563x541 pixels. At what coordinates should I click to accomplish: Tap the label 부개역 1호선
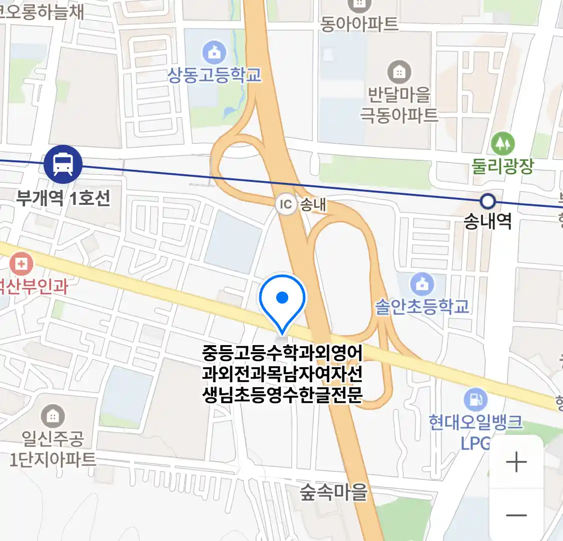tap(63, 198)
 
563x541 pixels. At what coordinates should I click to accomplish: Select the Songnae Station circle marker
tap(487, 201)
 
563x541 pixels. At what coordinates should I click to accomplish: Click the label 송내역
tap(487, 221)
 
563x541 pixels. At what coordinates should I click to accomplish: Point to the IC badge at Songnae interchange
tap(286, 204)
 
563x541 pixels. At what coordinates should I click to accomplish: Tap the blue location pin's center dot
tap(282, 298)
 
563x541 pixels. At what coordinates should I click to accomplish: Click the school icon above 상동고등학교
tap(214, 52)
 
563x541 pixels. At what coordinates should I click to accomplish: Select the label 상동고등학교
tap(214, 75)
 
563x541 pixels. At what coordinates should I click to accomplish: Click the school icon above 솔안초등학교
tap(422, 284)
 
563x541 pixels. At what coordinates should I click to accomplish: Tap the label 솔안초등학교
tap(422, 306)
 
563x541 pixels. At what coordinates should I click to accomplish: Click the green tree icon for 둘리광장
tap(502, 144)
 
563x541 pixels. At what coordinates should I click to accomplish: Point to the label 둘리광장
tap(502, 166)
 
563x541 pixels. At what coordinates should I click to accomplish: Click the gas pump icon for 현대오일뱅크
tap(475, 399)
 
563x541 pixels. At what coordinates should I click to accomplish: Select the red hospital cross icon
tap(21, 263)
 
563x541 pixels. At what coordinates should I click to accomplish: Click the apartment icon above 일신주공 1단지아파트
tap(53, 416)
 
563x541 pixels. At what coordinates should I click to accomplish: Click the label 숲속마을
tap(334, 492)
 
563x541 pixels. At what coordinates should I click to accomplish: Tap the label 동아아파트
tap(359, 24)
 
